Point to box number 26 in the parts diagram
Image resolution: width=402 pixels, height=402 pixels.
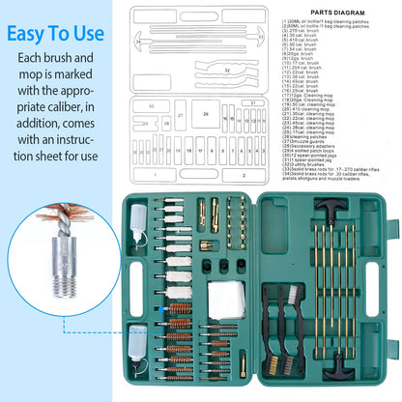(205, 114)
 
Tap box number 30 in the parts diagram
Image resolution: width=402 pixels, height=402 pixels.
(152, 106)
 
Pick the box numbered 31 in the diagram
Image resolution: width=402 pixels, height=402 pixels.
(251, 102)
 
